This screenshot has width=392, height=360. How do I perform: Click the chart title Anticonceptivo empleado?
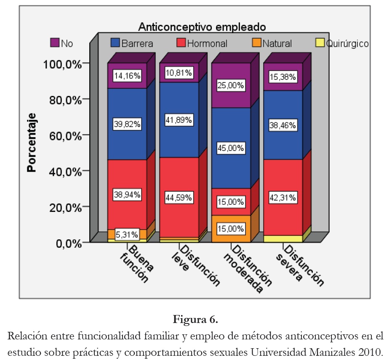click(202, 27)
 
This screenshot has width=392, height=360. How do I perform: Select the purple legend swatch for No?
click(55, 42)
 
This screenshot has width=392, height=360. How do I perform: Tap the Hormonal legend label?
click(207, 43)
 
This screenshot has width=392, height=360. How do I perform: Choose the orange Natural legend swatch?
click(257, 42)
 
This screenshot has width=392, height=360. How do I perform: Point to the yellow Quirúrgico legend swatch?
click(320, 42)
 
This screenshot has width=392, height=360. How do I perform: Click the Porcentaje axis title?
click(31, 142)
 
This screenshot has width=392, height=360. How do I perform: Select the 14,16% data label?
click(127, 76)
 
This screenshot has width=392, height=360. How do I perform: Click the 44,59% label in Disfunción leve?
click(179, 197)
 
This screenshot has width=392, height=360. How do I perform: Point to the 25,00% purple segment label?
click(231, 86)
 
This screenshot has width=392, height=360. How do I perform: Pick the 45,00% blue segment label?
click(231, 148)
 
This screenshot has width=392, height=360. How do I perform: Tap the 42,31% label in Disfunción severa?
click(283, 197)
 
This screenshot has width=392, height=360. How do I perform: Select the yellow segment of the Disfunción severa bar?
click(283, 239)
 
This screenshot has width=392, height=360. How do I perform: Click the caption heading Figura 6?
click(196, 320)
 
